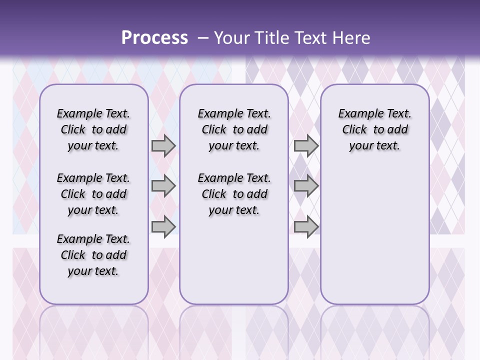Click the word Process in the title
pyautogui.click(x=154, y=38)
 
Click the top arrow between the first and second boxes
pyautogui.click(x=163, y=145)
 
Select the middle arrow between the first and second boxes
pyautogui.click(x=163, y=186)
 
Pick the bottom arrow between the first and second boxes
pyautogui.click(x=163, y=226)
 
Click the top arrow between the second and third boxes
pyautogui.click(x=306, y=145)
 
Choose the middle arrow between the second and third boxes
pyautogui.click(x=306, y=186)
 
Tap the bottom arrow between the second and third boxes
pyautogui.click(x=306, y=226)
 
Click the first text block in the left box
pyautogui.click(x=93, y=129)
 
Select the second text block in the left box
pyautogui.click(x=93, y=194)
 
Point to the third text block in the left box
pyautogui.click(x=93, y=255)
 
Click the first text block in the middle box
pyautogui.click(x=234, y=129)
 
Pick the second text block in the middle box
pyautogui.click(x=234, y=194)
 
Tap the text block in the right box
pyautogui.click(x=374, y=129)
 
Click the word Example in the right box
pyautogui.click(x=358, y=114)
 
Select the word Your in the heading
pyautogui.click(x=228, y=38)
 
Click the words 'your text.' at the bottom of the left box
pyautogui.click(x=93, y=271)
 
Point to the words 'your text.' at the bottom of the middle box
pyautogui.click(x=234, y=210)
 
